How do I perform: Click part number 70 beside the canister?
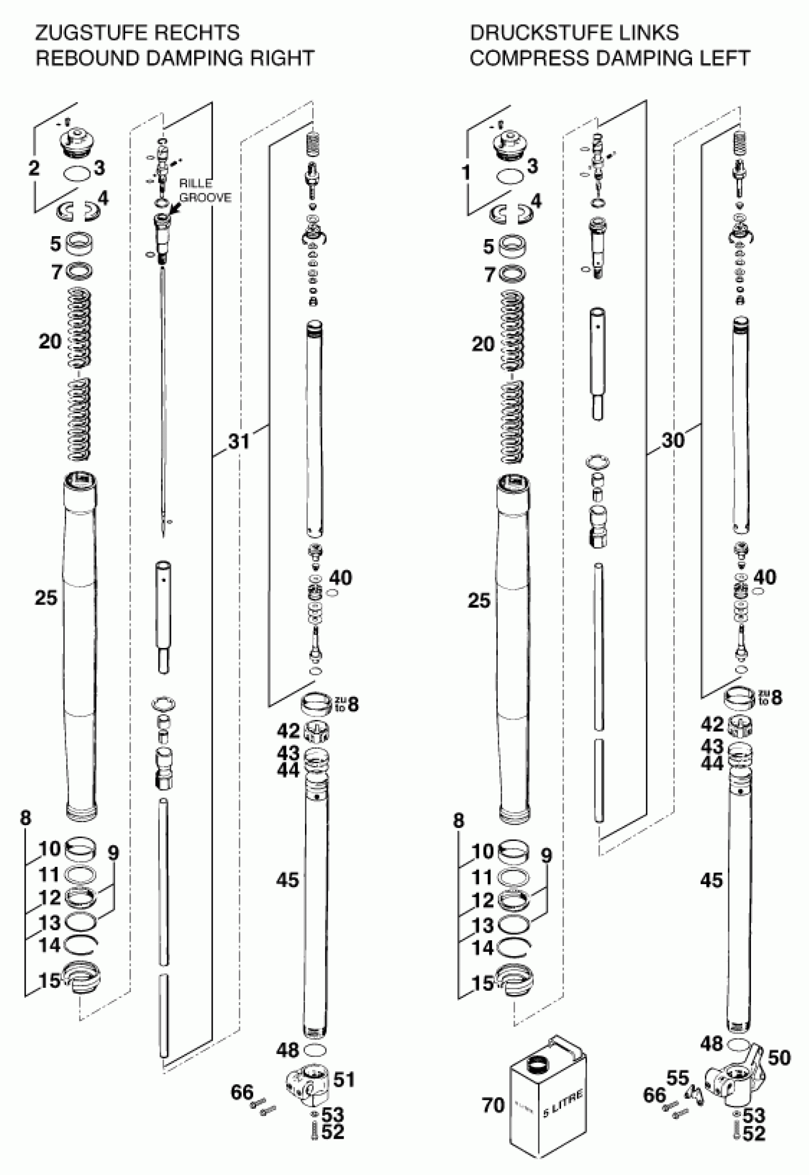click(x=493, y=1105)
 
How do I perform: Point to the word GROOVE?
click(x=205, y=197)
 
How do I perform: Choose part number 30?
click(x=672, y=440)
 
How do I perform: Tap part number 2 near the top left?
click(x=33, y=168)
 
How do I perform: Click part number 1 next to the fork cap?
click(x=466, y=172)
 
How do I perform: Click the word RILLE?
click(x=196, y=184)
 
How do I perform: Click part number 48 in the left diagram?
click(x=287, y=1050)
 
